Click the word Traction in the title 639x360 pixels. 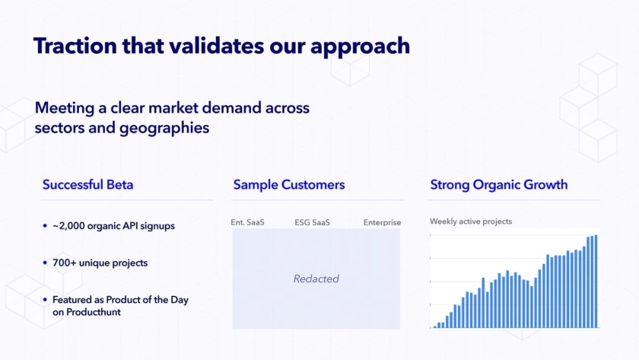tap(75, 45)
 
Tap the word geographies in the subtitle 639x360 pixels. tap(164, 129)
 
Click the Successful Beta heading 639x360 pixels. tap(88, 185)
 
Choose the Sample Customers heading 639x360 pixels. tap(289, 185)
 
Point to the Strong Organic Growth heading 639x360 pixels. tap(499, 185)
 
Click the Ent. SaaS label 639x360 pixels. tap(247, 222)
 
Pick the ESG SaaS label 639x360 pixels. tap(312, 222)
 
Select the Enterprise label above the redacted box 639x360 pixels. tap(382, 222)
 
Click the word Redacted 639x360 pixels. tap(316, 279)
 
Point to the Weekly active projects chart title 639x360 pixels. tap(471, 221)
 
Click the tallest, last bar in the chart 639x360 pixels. tap(596, 282)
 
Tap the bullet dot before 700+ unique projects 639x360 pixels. tap(45, 263)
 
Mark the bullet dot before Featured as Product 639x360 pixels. tap(45, 300)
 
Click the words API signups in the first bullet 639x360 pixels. tap(151, 226)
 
